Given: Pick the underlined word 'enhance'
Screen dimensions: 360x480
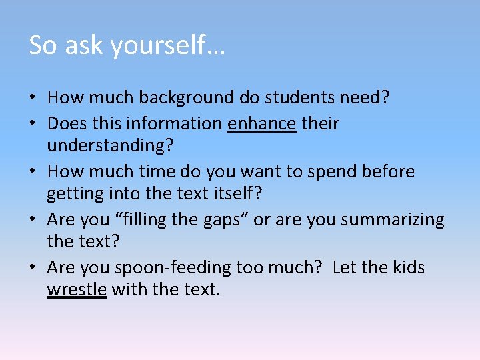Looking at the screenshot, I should (261, 123).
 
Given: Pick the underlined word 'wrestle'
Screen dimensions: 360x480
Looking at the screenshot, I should (77, 291).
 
